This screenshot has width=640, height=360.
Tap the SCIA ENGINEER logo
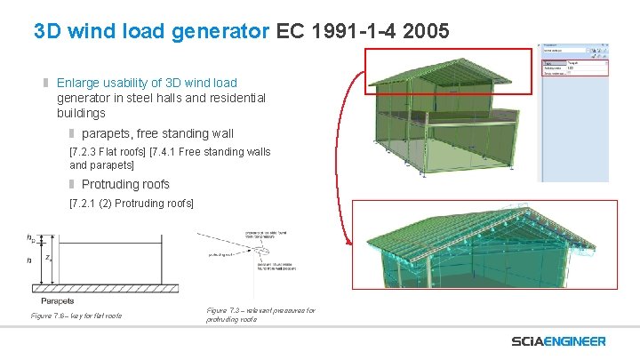(x=558, y=341)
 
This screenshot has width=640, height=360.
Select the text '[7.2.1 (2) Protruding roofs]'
(x=131, y=204)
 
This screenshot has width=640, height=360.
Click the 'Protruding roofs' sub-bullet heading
(x=125, y=185)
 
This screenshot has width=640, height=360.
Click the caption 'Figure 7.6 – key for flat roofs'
(x=76, y=316)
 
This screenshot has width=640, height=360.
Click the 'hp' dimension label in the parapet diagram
(x=32, y=238)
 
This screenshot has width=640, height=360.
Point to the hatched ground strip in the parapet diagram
(x=98, y=288)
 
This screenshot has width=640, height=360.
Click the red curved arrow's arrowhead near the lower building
(x=348, y=241)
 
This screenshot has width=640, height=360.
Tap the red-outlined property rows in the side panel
(x=574, y=68)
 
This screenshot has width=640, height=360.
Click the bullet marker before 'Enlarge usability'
(x=46, y=80)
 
